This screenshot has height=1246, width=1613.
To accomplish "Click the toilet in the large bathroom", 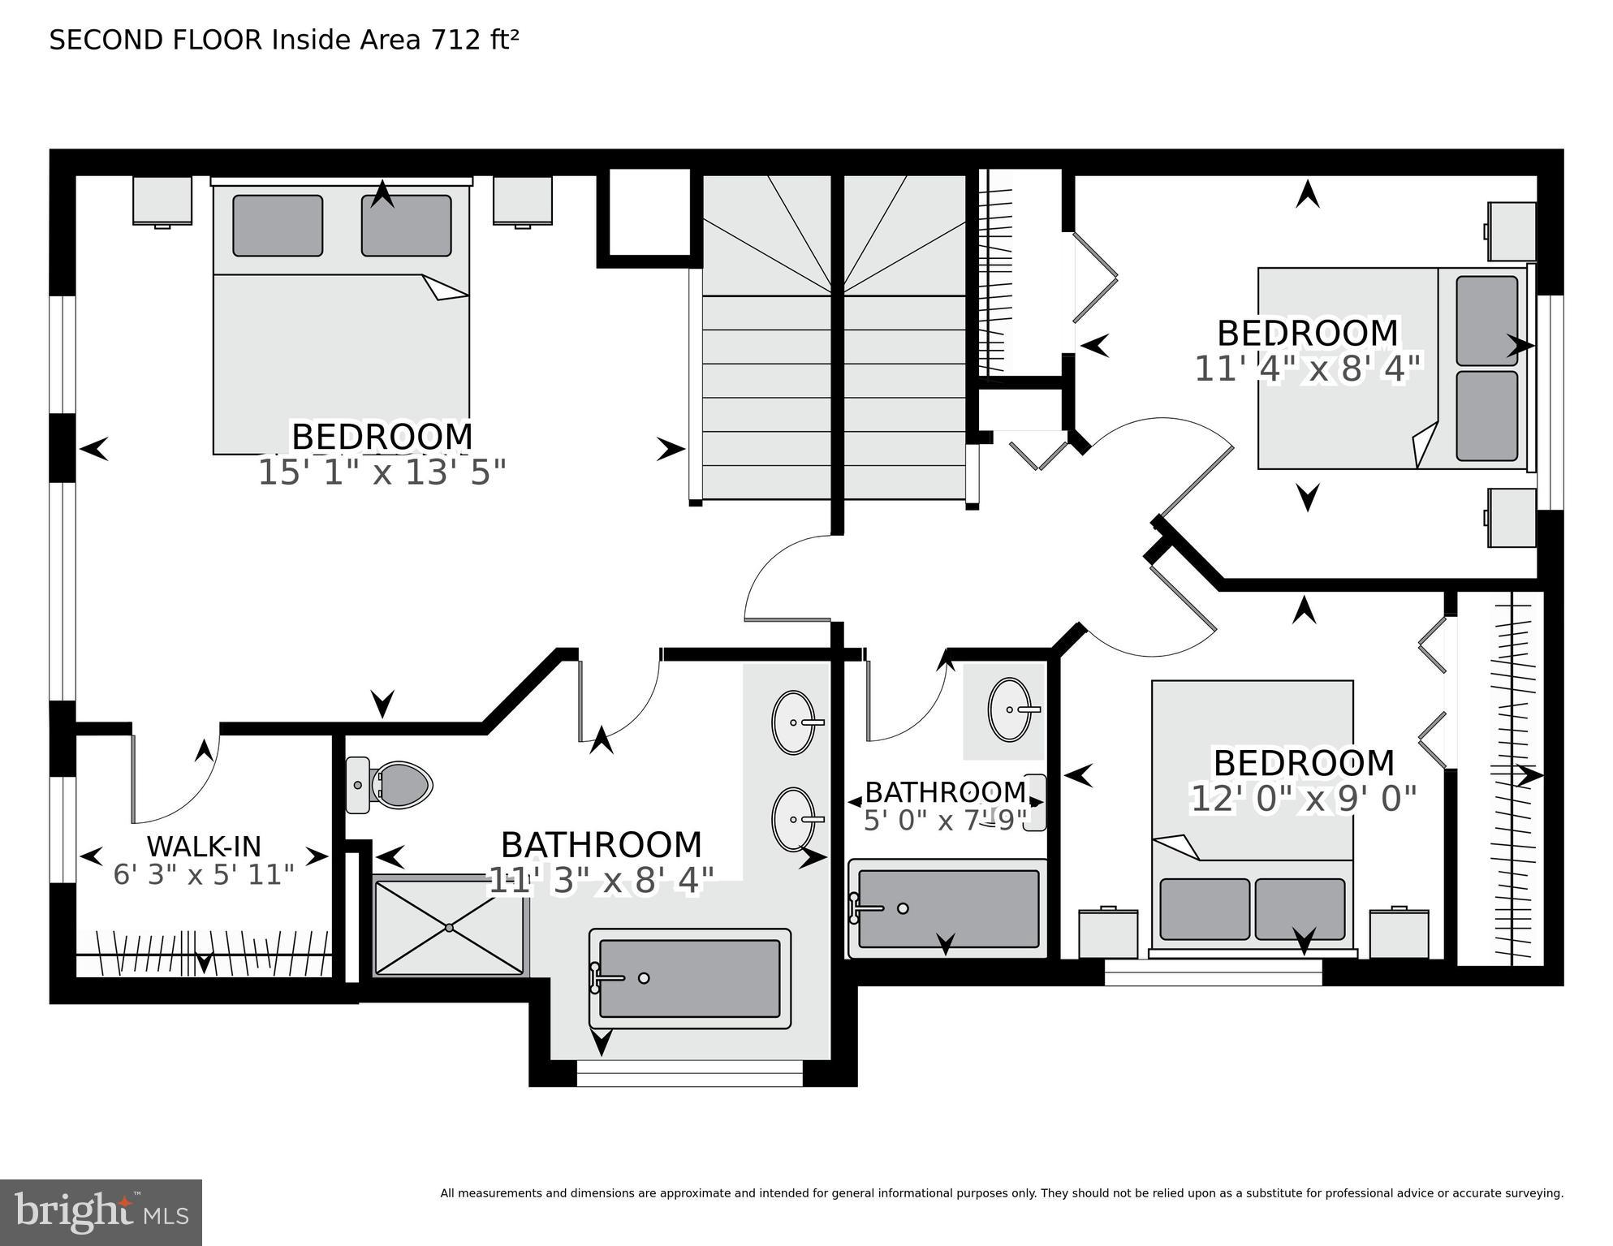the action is (x=389, y=785).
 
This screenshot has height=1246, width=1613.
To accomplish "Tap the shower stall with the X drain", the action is (x=450, y=926).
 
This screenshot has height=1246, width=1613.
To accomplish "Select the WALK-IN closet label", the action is (x=204, y=847).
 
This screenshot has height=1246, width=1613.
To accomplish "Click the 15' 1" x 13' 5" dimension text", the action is (x=382, y=472).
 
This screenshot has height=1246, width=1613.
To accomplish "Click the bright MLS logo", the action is (x=101, y=1212).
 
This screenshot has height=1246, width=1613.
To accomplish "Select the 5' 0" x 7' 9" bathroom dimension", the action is (x=946, y=821).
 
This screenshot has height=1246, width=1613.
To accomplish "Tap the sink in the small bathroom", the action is (x=1011, y=709).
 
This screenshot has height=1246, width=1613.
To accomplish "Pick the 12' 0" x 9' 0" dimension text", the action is (x=1303, y=799).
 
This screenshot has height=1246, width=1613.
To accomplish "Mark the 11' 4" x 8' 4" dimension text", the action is (x=1308, y=369).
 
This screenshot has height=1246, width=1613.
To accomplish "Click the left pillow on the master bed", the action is (x=278, y=226).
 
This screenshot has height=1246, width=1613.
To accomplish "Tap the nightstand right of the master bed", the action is (x=523, y=200).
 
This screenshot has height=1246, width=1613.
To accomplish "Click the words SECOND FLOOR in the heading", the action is (x=157, y=40).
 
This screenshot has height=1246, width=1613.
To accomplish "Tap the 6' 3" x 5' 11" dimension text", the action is (x=204, y=875).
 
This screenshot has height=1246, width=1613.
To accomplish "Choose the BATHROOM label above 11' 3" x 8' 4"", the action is (x=601, y=845).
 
